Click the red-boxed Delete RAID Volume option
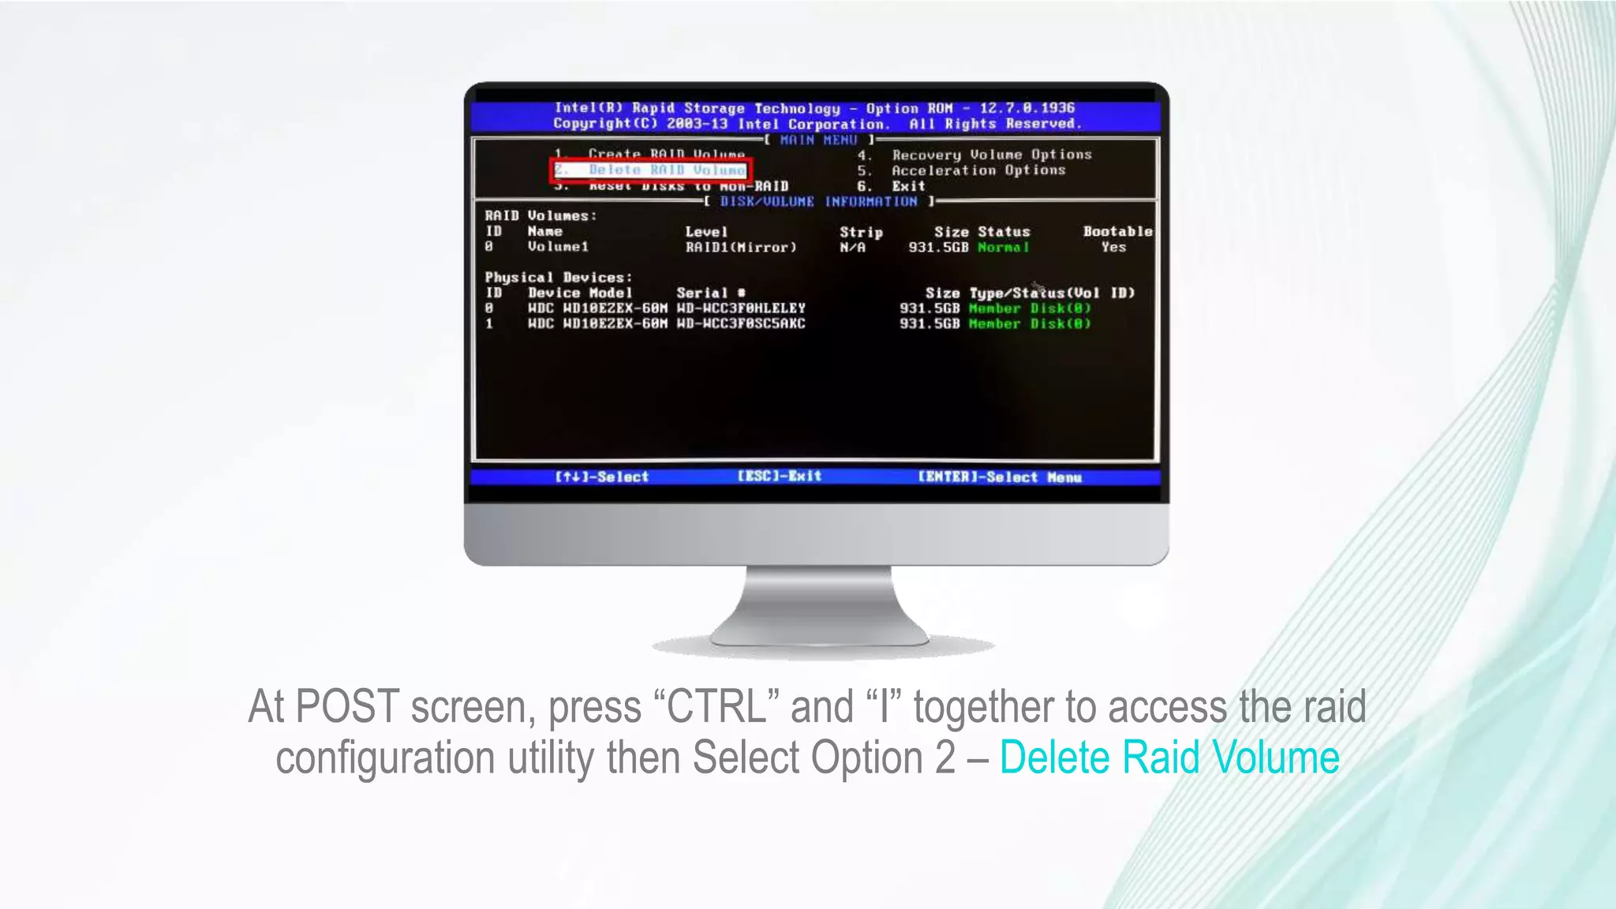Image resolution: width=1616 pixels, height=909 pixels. (650, 170)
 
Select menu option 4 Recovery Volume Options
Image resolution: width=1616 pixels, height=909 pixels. (991, 155)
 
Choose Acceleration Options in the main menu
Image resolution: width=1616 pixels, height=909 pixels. (978, 170)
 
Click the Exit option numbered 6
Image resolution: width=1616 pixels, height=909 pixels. (907, 186)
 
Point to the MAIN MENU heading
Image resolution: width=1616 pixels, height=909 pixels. (818, 140)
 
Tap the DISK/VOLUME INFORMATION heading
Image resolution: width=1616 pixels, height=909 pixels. (818, 202)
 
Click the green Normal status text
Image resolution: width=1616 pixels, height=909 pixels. (1003, 248)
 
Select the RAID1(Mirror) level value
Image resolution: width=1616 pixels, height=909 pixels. (741, 248)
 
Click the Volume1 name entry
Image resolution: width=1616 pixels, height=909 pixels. (558, 247)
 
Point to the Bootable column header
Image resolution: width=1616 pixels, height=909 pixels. (1117, 232)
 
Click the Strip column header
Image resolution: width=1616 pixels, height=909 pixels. (861, 232)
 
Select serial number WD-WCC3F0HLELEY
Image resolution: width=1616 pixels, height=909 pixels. (741, 309)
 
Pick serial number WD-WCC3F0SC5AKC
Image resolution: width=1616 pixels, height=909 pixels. (741, 324)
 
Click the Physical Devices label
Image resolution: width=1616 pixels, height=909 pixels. (558, 278)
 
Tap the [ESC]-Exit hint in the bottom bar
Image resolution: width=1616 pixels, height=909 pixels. (780, 477)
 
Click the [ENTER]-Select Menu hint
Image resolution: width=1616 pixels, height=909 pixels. (999, 477)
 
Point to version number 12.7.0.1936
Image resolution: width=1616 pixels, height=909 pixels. (1027, 108)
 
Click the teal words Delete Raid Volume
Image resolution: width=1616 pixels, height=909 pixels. (1169, 757)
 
